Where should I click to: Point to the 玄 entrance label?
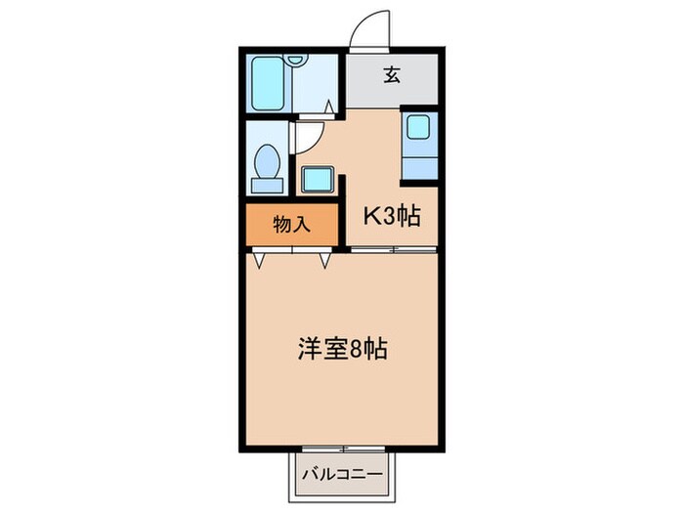pyautogui.click(x=391, y=76)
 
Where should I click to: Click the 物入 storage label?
pyautogui.click(x=291, y=224)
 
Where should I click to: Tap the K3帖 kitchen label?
pyautogui.click(x=392, y=217)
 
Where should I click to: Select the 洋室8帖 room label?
pyautogui.click(x=341, y=348)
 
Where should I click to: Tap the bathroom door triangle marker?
pyautogui.click(x=329, y=105)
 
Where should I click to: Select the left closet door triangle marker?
pyautogui.click(x=260, y=259)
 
